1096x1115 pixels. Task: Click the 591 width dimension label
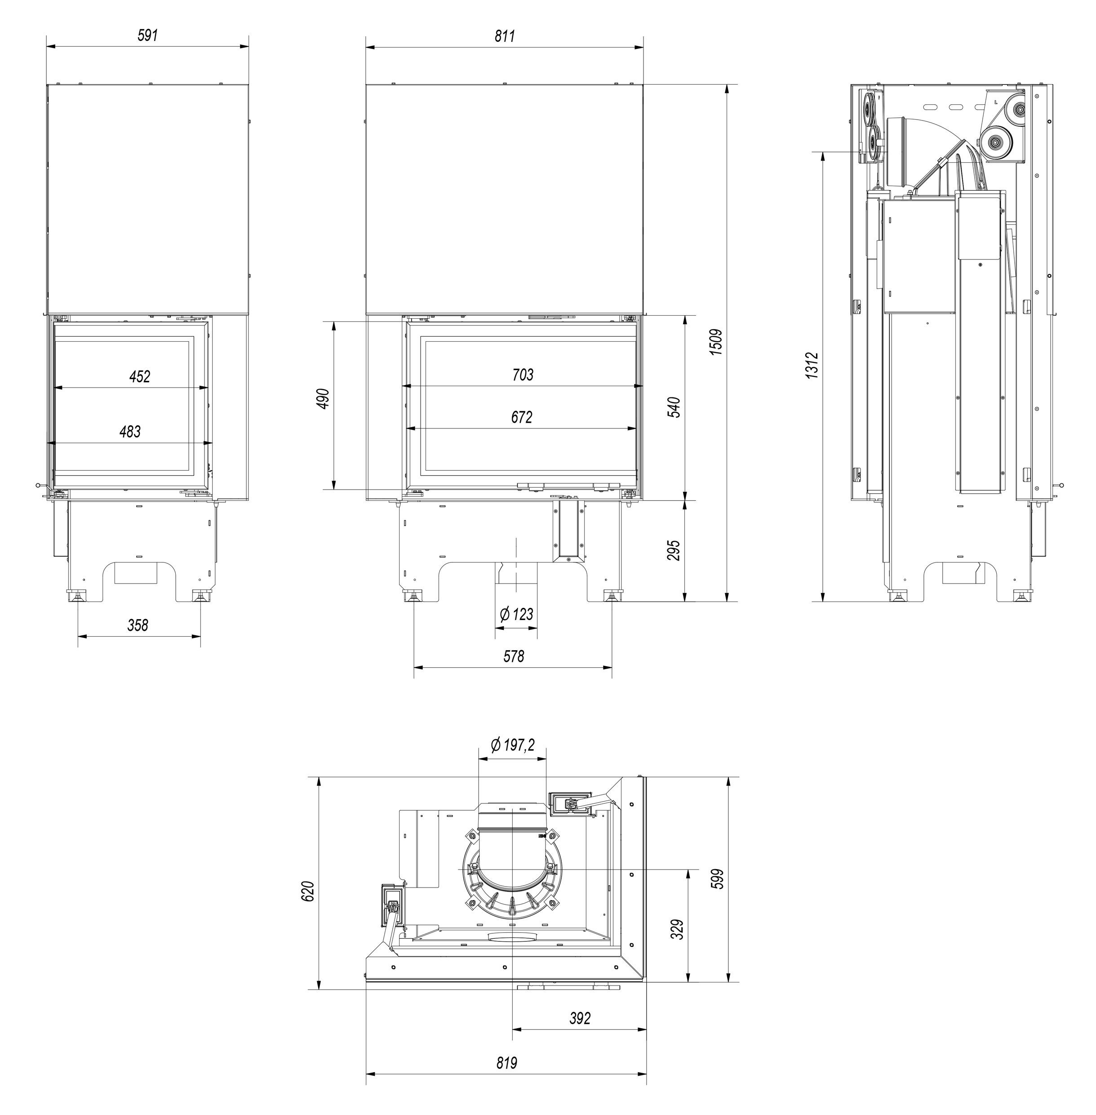147,35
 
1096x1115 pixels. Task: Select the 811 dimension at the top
505,36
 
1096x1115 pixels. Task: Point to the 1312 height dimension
812,365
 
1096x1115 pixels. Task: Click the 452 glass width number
140,377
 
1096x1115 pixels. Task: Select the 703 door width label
523,375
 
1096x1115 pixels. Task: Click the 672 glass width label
522,417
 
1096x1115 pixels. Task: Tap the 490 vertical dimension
324,398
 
